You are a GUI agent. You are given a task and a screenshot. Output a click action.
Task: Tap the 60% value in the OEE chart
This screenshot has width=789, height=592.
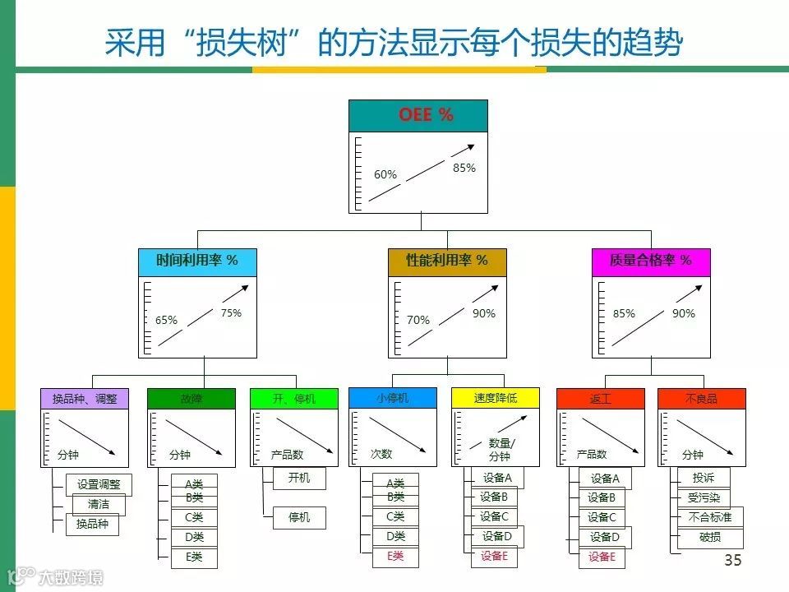point(385,174)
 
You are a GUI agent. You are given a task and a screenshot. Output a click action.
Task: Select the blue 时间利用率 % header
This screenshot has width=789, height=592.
point(197,261)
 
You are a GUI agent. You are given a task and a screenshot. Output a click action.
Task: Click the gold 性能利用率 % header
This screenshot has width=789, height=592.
point(447,261)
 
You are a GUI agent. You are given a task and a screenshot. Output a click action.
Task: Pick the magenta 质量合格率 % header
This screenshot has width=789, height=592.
point(650,261)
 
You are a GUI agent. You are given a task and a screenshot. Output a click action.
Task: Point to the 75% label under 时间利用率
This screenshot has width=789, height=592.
point(231,312)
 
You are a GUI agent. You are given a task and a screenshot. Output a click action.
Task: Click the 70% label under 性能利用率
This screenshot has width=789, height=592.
point(418,320)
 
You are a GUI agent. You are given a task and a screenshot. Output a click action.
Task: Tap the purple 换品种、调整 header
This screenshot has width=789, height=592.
point(85,399)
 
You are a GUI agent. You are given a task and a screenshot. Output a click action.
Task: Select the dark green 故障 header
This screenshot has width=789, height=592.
point(191,399)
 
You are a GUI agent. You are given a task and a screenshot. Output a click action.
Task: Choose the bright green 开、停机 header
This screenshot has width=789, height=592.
point(293,399)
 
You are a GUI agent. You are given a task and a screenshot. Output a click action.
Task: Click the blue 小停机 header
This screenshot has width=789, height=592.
point(392,398)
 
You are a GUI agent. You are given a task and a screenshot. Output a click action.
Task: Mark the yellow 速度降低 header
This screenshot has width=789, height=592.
point(495,398)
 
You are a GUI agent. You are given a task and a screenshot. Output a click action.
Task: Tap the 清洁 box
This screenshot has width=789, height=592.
point(99,505)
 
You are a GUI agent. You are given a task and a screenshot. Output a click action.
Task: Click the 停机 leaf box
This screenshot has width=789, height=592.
point(299,518)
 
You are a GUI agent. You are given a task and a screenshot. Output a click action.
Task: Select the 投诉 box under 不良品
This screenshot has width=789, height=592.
point(704,478)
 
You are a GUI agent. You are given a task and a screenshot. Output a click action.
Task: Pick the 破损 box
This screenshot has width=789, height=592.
point(710,538)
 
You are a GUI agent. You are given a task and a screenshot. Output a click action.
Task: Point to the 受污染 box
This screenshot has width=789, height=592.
point(704,497)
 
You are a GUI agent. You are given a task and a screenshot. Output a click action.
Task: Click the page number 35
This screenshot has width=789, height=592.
point(732,561)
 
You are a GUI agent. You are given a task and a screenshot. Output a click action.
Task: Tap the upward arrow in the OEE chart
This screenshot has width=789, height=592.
point(422,173)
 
